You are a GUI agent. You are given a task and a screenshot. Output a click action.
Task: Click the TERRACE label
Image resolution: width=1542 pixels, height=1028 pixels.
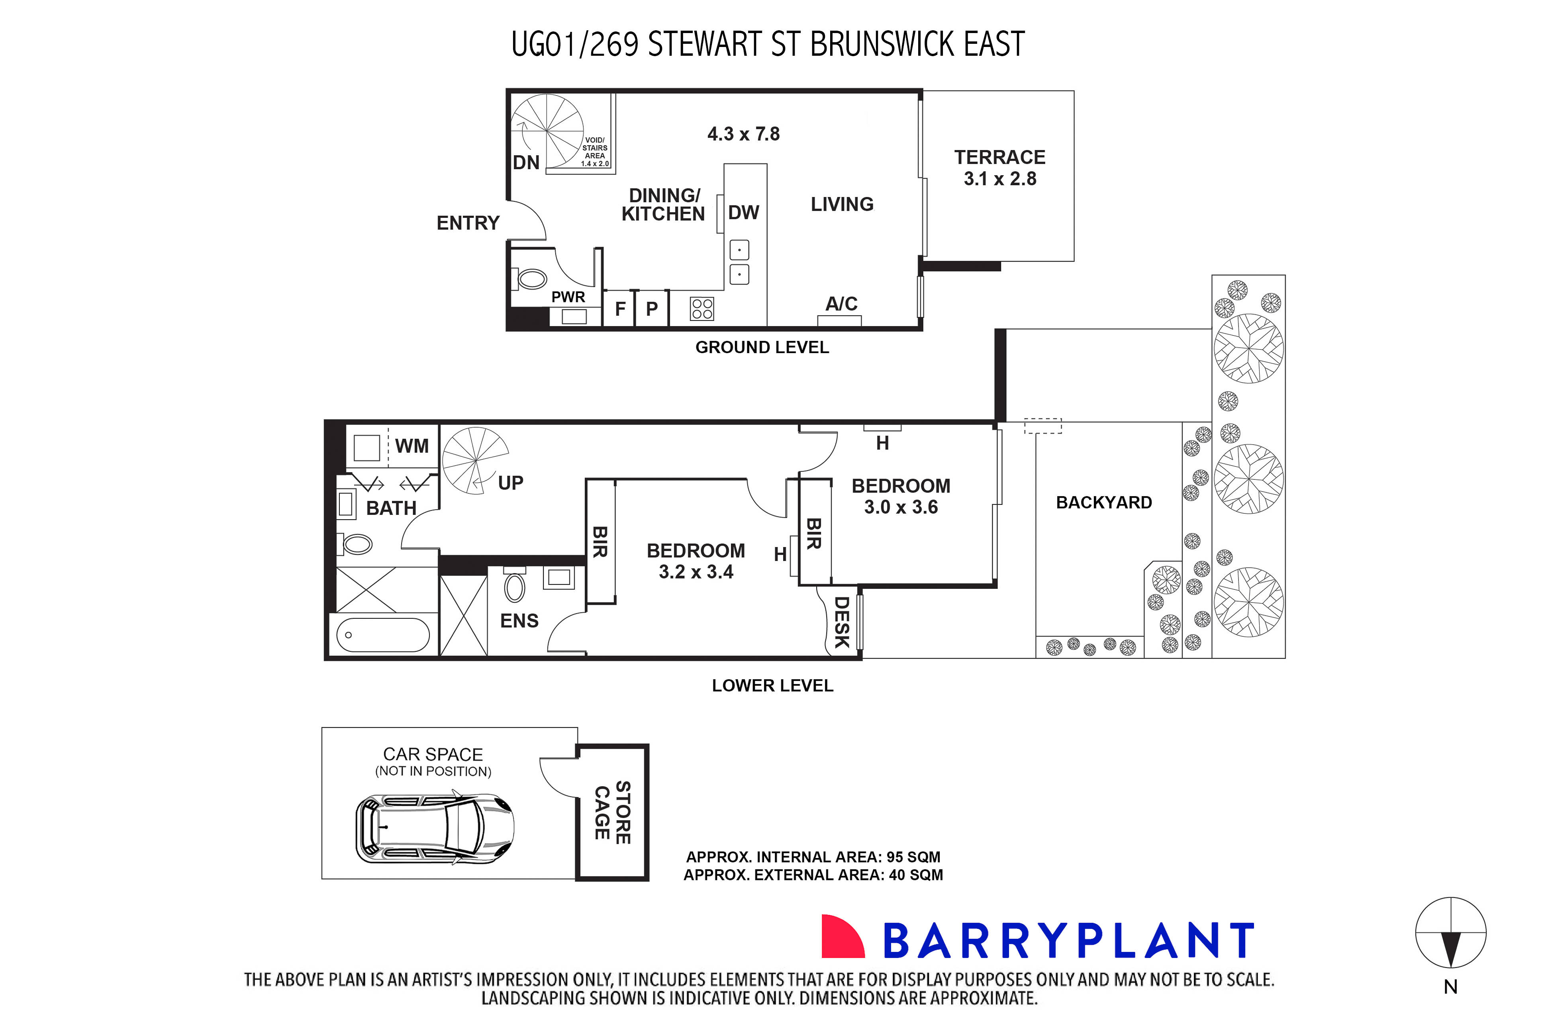point(999,157)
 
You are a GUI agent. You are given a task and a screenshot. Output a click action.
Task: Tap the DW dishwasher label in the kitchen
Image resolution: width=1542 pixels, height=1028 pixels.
point(743,213)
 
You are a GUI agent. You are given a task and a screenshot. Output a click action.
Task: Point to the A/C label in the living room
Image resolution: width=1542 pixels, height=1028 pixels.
point(841,303)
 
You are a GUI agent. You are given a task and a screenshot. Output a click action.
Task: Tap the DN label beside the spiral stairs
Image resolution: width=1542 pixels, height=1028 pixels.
point(526,162)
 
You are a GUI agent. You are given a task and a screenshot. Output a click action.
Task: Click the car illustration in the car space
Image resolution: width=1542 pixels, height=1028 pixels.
point(434,828)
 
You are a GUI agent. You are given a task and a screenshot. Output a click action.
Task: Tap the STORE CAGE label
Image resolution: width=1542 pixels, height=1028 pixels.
point(612,812)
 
